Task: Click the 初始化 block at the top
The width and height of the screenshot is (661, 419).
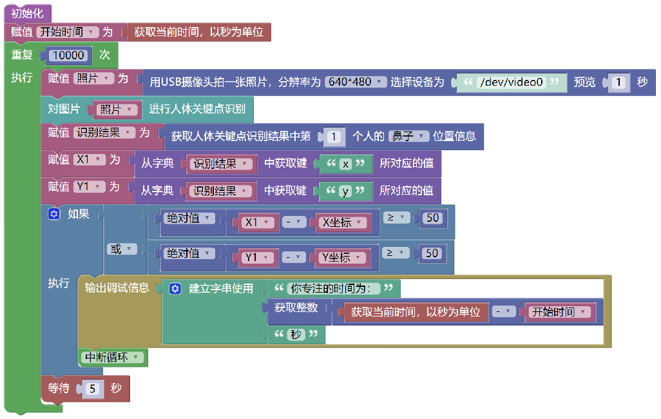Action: (x=28, y=14)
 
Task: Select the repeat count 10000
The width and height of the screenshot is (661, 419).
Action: (x=68, y=55)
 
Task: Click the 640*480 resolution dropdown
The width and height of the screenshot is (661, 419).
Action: (x=356, y=82)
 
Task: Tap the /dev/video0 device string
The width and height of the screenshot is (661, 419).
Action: (x=512, y=83)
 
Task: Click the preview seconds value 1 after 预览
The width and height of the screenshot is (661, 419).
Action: (x=618, y=83)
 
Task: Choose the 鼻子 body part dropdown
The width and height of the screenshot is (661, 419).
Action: (x=408, y=136)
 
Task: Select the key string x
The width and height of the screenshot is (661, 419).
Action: (x=345, y=164)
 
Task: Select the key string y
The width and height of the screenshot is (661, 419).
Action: (x=345, y=191)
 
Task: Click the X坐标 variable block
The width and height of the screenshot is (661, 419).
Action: (x=341, y=222)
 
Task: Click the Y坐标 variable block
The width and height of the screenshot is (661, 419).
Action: (x=340, y=257)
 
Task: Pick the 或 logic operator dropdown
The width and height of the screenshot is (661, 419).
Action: (x=121, y=249)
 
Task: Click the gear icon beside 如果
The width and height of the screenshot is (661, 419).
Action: (x=54, y=214)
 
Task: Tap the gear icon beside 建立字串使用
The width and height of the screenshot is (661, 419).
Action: (x=175, y=289)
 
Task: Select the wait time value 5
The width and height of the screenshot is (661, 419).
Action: (x=92, y=389)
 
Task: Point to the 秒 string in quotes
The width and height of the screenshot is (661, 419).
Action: (x=296, y=334)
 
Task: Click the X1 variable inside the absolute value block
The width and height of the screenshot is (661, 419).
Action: (x=256, y=222)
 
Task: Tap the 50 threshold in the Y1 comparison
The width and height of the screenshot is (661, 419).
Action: (x=432, y=253)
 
